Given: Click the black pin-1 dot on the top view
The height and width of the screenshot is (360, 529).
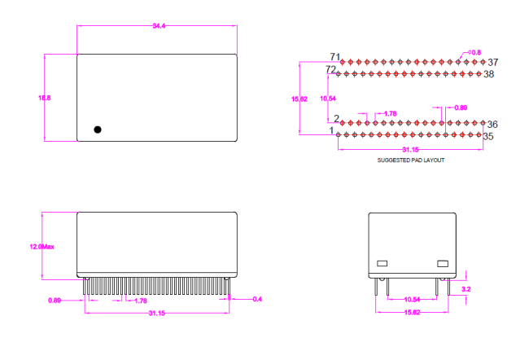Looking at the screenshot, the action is pos(98,130).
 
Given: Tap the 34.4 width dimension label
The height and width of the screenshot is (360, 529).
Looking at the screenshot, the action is pos(159,26).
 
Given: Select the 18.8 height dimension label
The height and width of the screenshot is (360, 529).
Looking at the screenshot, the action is pos(44,98).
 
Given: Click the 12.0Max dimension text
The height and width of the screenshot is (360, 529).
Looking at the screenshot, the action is pos(42,247).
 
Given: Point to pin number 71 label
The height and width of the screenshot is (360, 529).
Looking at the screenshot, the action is pos(335,56).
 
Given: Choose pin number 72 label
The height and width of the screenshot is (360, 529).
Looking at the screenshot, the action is pos(330,69).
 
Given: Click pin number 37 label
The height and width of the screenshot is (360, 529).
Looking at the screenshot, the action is pos(493,62).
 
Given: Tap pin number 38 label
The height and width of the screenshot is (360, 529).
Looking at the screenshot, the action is pos(489,74).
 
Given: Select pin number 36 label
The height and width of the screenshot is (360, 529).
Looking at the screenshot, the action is pos(492,125).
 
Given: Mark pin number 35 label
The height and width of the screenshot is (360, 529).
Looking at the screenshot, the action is pos(488,137).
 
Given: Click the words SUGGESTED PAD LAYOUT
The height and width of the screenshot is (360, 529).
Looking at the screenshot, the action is pos(410,160).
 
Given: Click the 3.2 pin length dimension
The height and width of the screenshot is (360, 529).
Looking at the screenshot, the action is pos(466,289).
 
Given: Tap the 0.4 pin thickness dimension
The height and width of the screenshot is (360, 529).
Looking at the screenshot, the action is pos(257,299).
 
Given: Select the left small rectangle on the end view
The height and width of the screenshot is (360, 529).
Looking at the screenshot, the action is pos(382,263).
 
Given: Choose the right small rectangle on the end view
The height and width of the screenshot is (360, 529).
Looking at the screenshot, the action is pos(443,263).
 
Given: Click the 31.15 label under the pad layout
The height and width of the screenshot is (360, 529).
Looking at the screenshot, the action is pos(410,150).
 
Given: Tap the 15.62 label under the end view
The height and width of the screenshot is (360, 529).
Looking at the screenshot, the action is pos(413,312).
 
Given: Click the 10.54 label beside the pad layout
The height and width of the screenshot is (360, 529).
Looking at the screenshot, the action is pos(328,99).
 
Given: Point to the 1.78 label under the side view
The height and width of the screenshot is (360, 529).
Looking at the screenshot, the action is pos(141,301).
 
